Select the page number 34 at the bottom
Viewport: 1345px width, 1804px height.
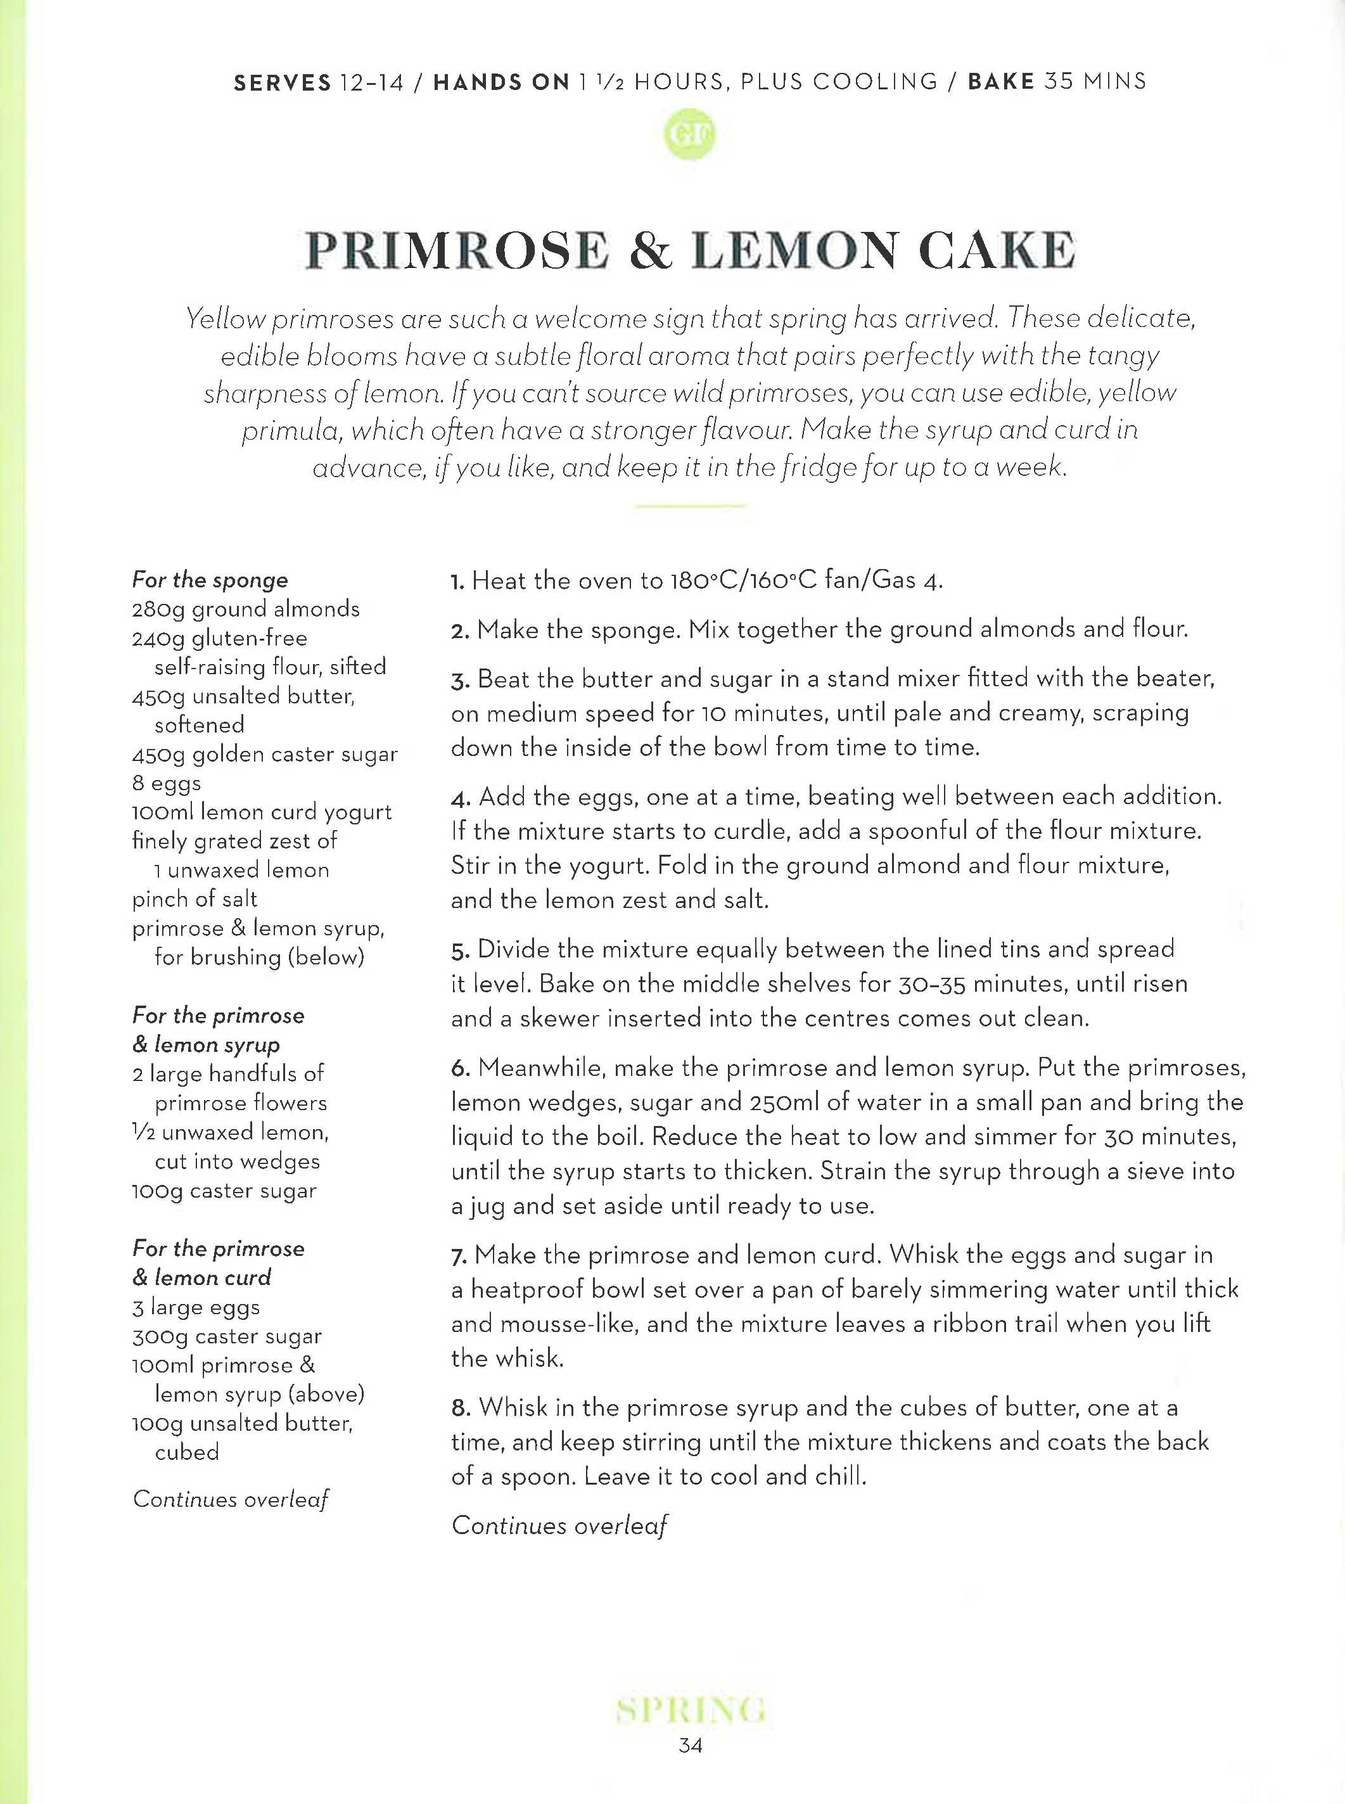pos(689,1744)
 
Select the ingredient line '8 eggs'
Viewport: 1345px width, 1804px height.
pos(167,783)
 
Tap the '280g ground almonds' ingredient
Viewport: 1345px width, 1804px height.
pos(246,609)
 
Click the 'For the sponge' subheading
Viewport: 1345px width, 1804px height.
pos(210,580)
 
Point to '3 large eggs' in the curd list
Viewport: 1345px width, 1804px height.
pos(196,1307)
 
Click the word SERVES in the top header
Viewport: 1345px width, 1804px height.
pos(283,83)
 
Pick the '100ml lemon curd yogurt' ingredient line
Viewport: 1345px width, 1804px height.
pos(262,812)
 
